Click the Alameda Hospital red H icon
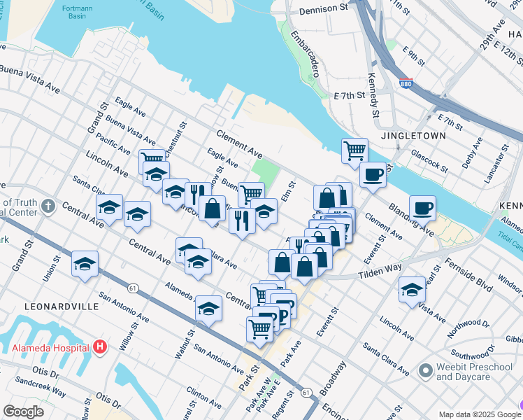(100, 346)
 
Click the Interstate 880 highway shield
(406, 84)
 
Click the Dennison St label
(322, 10)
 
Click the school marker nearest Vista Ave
(413, 288)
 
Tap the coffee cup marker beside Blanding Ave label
(422, 207)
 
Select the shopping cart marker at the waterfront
(355, 150)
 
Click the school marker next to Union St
(85, 263)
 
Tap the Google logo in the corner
(23, 412)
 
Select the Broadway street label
(333, 379)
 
